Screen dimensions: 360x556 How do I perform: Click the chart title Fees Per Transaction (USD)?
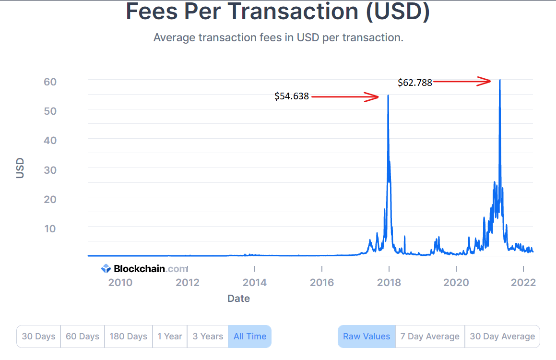[x=278, y=12]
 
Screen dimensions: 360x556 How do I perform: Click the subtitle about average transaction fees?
[x=278, y=37]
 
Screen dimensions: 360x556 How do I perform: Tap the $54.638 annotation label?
[x=292, y=96]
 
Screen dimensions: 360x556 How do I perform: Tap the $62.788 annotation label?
[x=415, y=83]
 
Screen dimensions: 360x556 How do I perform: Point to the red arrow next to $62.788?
[x=462, y=82]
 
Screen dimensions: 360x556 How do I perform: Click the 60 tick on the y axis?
[x=50, y=82]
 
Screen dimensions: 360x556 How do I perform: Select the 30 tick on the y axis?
[x=50, y=170]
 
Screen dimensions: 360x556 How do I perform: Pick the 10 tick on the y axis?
[x=50, y=228]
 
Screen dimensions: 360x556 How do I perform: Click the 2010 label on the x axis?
[x=120, y=282]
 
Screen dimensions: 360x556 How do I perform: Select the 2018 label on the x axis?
[x=389, y=282]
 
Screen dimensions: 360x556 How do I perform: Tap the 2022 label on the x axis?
[x=523, y=282]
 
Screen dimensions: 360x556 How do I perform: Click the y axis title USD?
[x=20, y=168]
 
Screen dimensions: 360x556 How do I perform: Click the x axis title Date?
[x=238, y=299]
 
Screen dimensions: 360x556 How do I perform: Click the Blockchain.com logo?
[x=144, y=269]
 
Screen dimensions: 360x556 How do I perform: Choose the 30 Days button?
[x=38, y=336]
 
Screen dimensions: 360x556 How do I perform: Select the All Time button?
[x=249, y=336]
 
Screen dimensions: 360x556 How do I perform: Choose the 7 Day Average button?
[x=430, y=336]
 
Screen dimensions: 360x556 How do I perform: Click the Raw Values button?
[x=367, y=336]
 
